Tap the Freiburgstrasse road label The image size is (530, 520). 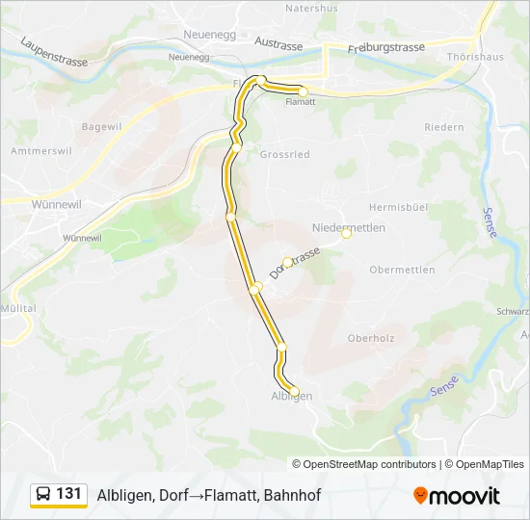(385, 47)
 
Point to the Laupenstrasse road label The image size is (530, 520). (53, 52)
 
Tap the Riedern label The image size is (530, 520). (443, 127)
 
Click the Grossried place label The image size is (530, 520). (284, 153)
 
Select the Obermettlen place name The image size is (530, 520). (404, 270)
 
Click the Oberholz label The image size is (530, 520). (370, 338)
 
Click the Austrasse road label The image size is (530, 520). (278, 42)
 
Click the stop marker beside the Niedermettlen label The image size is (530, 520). (347, 233)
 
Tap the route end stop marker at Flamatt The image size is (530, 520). (303, 91)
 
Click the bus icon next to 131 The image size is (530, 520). (43, 494)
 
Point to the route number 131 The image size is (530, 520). (69, 493)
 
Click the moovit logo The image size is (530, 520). (457, 496)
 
